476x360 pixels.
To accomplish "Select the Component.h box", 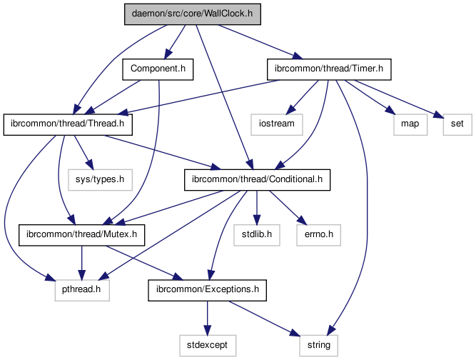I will [158, 69].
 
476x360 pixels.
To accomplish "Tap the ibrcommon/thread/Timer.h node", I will [329, 69].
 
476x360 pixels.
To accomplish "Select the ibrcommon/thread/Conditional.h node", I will [258, 179].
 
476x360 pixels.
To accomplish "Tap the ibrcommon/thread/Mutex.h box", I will [82, 234].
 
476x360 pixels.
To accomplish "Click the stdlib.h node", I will [255, 234].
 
